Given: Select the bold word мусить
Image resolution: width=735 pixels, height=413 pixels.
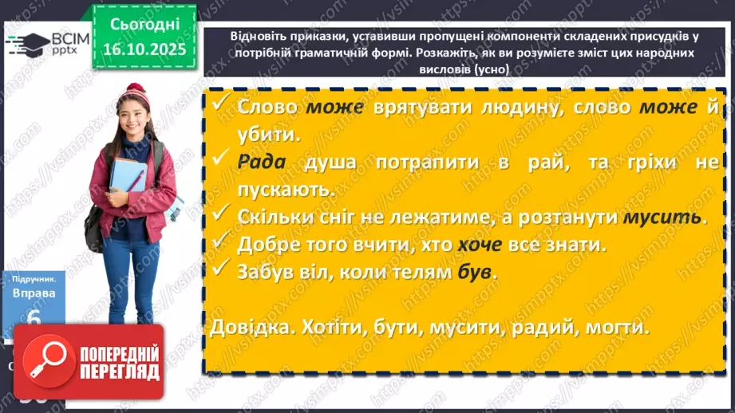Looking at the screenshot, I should (x=666, y=217).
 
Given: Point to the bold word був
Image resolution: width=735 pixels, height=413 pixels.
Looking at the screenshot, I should (x=475, y=271).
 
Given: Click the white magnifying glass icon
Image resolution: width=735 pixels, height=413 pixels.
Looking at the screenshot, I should (x=47, y=363).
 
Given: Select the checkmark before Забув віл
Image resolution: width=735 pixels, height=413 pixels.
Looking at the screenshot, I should (x=219, y=270).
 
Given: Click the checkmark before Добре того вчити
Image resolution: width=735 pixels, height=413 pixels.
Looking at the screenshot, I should (x=219, y=243).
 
